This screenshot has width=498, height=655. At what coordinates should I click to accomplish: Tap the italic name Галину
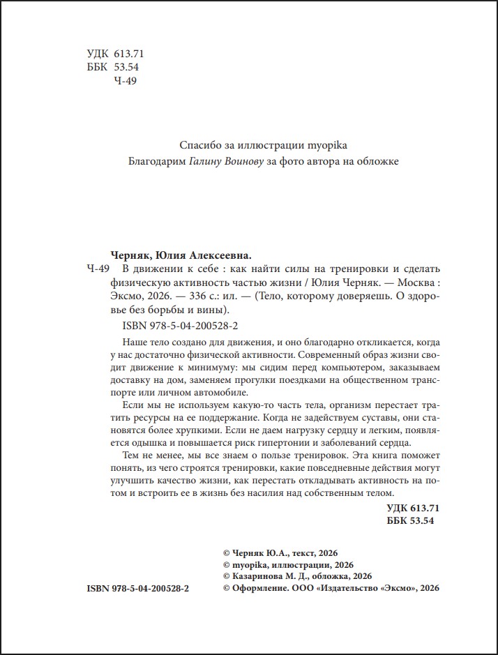[x=207, y=161]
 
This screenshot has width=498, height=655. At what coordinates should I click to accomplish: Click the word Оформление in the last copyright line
[x=258, y=588]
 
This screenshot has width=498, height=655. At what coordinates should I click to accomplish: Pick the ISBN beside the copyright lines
[x=138, y=588]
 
